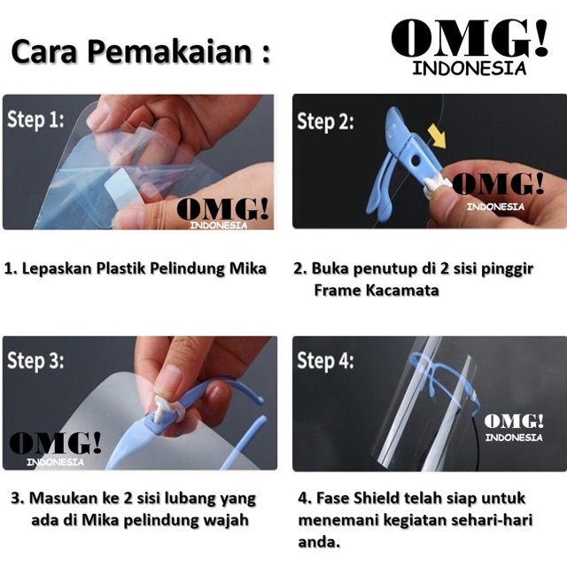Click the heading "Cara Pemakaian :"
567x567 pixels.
coord(141,50)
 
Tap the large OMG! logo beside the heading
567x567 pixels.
coord(470,47)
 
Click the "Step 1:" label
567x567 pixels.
coord(35,120)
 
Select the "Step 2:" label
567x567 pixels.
coord(325,121)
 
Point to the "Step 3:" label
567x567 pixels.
coord(35,361)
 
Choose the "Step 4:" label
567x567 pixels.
coord(325,361)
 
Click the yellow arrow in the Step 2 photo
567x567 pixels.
coord(437,136)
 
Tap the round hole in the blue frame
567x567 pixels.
coord(416,160)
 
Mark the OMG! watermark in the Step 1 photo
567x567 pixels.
coord(222,214)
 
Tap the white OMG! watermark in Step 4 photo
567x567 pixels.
coord(514,428)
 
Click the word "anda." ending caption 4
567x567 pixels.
coord(319,542)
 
